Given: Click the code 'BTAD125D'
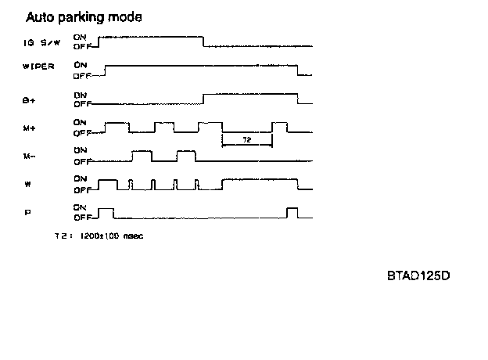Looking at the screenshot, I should (x=420, y=276).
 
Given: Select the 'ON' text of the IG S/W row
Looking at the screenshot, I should (x=79, y=36).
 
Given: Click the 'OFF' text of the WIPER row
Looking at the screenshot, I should (x=81, y=76).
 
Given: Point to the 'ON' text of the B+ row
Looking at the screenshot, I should (x=79, y=93).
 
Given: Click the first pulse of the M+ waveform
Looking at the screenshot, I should (x=117, y=124).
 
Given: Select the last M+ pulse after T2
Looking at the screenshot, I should (x=279, y=124).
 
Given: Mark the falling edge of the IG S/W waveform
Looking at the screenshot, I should (x=203, y=41).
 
